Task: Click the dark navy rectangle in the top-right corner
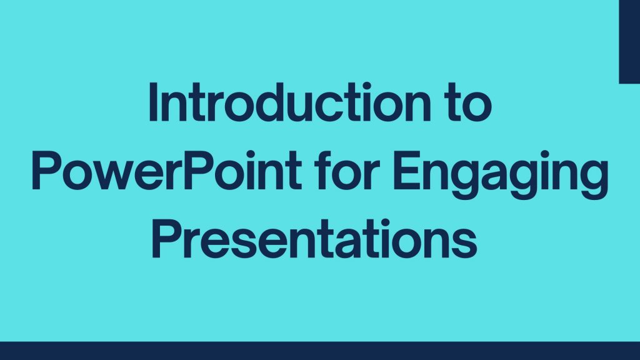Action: tap(629, 41)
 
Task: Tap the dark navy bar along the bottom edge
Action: tap(320, 351)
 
